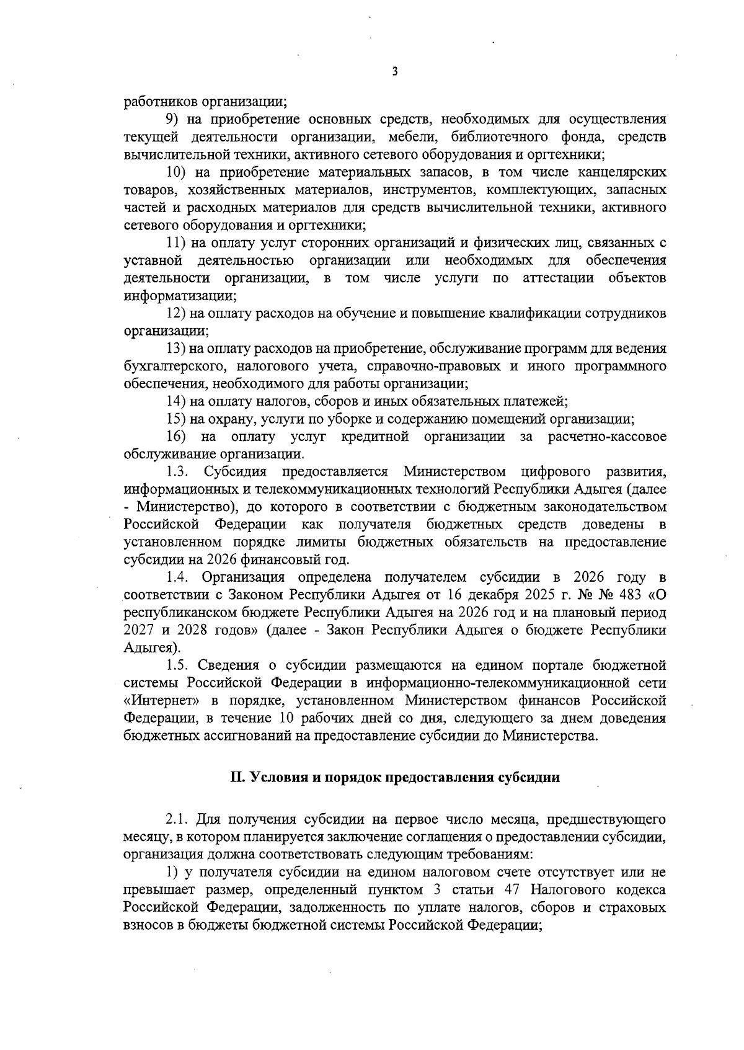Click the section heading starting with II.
pyautogui.click(x=395, y=778)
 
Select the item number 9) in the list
pyautogui.click(x=174, y=119)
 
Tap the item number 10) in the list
pyautogui.click(x=177, y=172)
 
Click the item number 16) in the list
pyautogui.click(x=177, y=437)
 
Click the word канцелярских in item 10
pyautogui.click(x=625, y=172)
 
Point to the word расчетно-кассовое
pyautogui.click(x=607, y=437)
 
